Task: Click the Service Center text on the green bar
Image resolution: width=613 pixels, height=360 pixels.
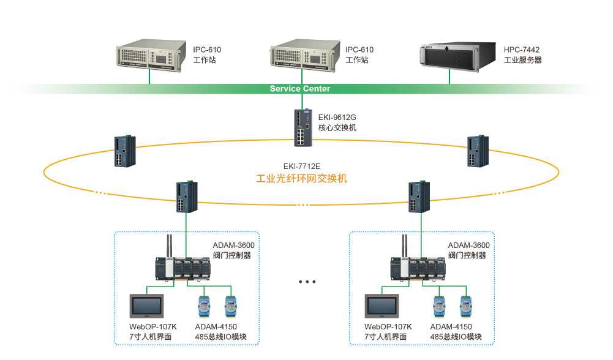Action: point(300,89)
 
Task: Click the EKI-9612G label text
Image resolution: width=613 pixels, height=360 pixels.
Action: point(337,116)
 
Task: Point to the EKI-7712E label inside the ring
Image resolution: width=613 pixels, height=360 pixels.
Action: point(301,167)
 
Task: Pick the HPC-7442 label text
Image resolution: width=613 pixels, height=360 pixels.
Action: point(522,50)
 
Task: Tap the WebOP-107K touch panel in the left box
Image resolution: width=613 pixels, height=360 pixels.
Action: point(148,306)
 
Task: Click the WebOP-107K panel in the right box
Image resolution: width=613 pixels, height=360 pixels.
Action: point(382,306)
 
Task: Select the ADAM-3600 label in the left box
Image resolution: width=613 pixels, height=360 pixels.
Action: point(233,245)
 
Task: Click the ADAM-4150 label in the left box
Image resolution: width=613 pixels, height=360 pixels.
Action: point(216,327)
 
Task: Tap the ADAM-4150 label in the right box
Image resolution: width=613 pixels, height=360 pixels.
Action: point(451,327)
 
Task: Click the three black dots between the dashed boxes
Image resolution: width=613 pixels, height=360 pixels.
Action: point(307,282)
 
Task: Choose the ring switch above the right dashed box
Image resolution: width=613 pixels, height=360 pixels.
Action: point(421,197)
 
